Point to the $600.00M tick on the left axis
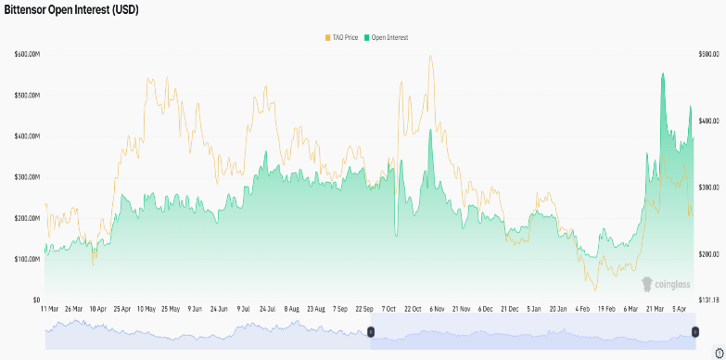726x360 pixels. point(27,55)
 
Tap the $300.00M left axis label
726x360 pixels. point(27,177)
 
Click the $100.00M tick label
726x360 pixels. point(27,259)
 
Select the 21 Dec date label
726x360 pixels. point(509,308)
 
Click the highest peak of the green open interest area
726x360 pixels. point(663,74)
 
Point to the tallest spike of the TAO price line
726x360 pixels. point(430,56)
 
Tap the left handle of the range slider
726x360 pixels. point(371,331)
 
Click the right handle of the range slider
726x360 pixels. point(695,331)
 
